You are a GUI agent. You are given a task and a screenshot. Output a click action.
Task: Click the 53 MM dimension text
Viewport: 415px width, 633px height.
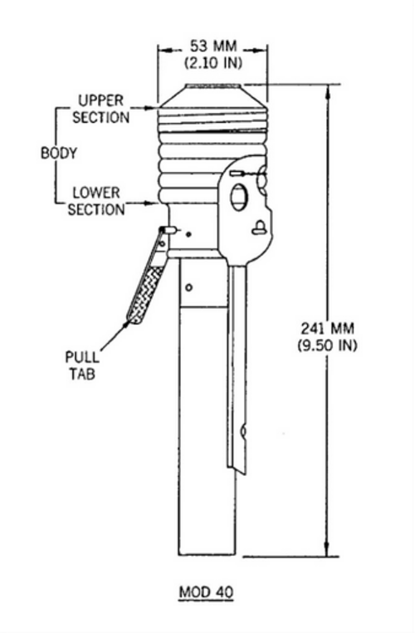coord(213,46)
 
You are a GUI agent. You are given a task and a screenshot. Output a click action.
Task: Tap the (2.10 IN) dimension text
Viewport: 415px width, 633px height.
coord(213,63)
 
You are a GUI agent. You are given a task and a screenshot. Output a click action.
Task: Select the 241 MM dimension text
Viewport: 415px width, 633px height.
coord(328,328)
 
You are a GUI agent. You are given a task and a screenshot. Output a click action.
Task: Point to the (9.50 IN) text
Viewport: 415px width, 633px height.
coord(328,346)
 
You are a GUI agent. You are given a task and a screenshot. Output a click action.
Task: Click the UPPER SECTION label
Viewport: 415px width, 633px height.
coord(100,109)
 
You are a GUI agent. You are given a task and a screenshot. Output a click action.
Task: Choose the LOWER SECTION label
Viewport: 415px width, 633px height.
coord(96,201)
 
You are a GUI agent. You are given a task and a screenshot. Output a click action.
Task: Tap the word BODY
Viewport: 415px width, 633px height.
coord(59,153)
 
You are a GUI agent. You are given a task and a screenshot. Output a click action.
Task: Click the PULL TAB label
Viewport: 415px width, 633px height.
coord(82,366)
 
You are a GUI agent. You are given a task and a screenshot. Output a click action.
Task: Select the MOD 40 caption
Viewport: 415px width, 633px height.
coord(206,592)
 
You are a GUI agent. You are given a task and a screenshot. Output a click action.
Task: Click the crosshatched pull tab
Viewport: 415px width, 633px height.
coord(146,292)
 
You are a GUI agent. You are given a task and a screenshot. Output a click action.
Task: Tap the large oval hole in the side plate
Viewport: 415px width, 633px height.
coord(238,197)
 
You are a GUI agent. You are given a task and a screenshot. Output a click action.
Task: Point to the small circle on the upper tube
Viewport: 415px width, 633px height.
coord(188,287)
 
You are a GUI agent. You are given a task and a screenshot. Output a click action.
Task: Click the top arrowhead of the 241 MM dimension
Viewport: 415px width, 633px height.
coord(328,92)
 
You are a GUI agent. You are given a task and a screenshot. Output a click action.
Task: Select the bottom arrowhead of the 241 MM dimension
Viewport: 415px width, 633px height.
coord(328,549)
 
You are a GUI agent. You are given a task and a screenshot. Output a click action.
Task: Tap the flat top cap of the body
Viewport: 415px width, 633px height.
coord(214,86)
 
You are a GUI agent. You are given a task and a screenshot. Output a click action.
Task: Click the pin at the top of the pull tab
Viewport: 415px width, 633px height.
coord(168,230)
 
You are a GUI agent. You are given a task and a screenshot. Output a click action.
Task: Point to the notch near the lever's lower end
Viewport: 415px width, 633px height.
coord(243,432)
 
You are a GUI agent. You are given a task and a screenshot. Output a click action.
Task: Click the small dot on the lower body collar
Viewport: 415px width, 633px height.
coord(188,233)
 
